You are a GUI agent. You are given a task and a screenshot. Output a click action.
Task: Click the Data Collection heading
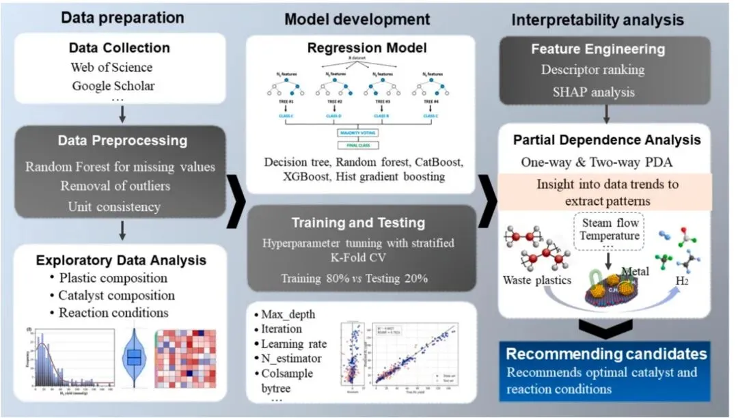click(x=120, y=48)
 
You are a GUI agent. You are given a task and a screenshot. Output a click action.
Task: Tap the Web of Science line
click(x=111, y=68)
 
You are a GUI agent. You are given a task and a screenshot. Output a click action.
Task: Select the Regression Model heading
click(x=367, y=48)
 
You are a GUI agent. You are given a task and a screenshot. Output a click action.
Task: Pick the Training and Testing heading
click(x=368, y=223)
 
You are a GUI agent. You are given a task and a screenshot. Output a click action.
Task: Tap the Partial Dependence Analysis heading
click(x=607, y=140)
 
